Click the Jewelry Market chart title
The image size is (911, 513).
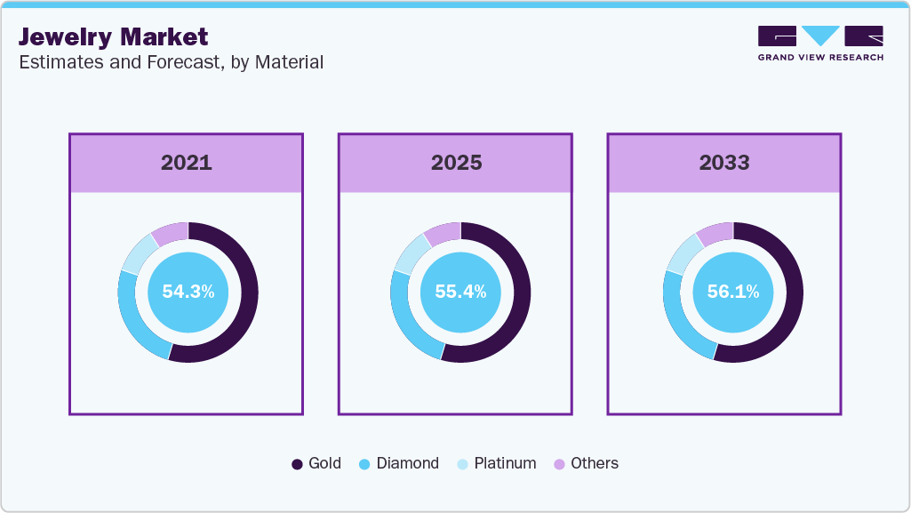113,37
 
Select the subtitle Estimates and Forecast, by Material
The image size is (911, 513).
171,62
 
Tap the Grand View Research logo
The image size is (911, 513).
819,43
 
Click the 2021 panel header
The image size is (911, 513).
186,163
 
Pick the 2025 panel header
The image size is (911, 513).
456,163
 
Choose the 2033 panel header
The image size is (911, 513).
723,163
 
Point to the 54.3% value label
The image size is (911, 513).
188,292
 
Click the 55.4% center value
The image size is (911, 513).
460,292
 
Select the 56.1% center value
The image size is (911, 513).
732,292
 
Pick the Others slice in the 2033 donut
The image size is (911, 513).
714,234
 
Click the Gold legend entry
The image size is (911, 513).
316,463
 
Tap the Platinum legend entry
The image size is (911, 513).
496,463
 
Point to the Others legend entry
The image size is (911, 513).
586,463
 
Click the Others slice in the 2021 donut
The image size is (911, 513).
169,234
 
